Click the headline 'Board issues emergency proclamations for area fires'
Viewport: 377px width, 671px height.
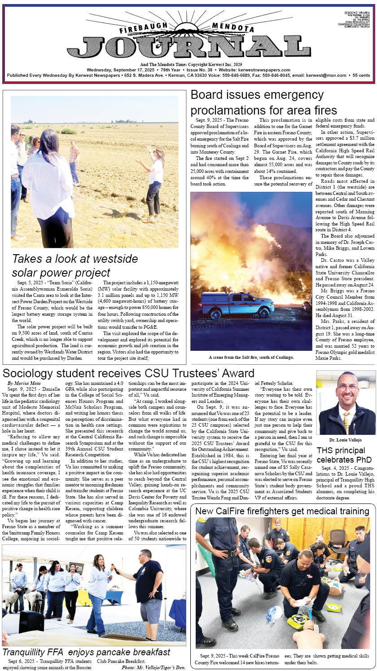[x=263, y=102]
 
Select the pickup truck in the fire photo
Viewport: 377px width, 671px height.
[x=237, y=305]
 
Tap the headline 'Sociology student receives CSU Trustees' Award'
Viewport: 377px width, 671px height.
[x=128, y=373]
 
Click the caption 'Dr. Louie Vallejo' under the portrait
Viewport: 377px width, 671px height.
[x=346, y=440]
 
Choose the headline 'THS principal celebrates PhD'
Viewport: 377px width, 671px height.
[x=344, y=455]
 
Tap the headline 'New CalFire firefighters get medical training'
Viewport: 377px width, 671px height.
[x=282, y=511]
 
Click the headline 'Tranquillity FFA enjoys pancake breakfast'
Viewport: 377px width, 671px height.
[x=87, y=652]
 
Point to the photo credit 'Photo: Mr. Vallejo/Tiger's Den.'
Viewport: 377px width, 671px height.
[x=154, y=667]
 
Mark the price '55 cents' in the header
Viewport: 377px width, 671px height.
[x=361, y=75]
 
